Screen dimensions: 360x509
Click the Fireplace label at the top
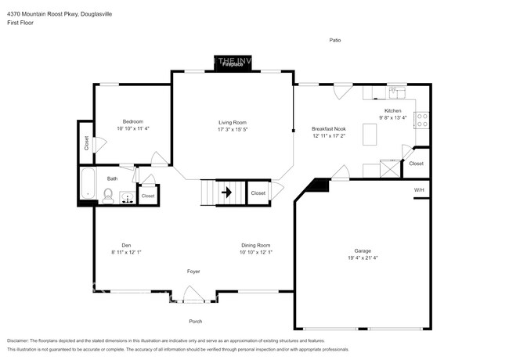tap(233, 64)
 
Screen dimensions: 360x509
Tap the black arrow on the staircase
tap(228, 192)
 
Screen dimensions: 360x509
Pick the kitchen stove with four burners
tap(422, 121)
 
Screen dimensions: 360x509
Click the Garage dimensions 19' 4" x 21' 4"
tap(363, 257)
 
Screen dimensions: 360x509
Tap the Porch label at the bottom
tap(196, 321)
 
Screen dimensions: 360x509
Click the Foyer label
tap(193, 272)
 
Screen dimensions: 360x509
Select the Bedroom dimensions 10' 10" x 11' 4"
tap(132, 128)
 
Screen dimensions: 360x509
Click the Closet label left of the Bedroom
tap(85, 143)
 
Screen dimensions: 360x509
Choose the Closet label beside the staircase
tap(258, 193)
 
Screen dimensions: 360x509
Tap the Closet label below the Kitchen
tap(417, 164)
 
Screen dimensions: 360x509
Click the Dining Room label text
tap(255, 245)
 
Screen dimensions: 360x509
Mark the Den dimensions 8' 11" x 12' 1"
tap(126, 252)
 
